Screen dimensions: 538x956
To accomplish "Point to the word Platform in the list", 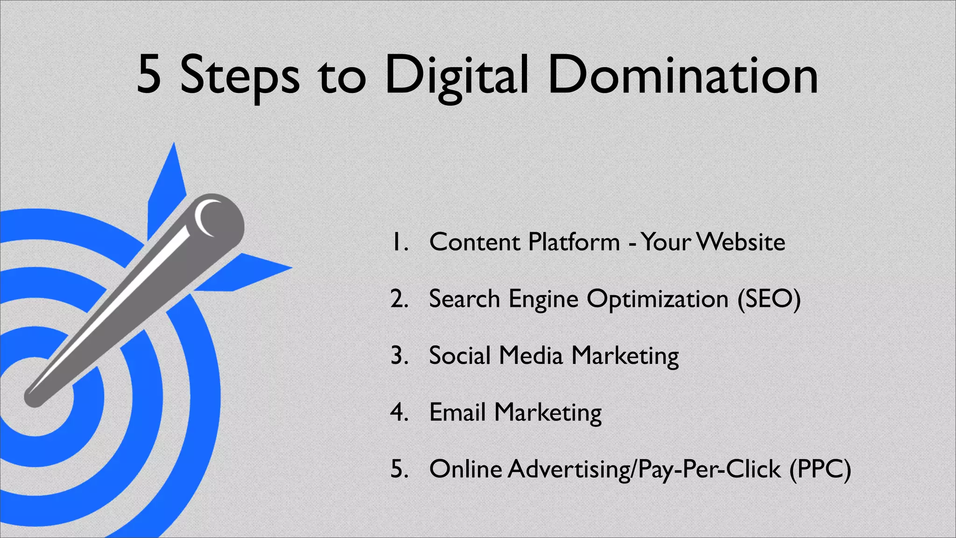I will click(x=574, y=242).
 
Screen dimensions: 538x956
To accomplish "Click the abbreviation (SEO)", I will click(x=769, y=299).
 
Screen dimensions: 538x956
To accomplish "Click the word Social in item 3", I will click(x=459, y=355).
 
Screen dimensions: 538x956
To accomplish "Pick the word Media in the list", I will click(x=531, y=355).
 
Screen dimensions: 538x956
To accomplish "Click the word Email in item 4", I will click(x=457, y=412).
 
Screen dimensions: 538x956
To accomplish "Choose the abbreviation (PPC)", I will click(x=820, y=469).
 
